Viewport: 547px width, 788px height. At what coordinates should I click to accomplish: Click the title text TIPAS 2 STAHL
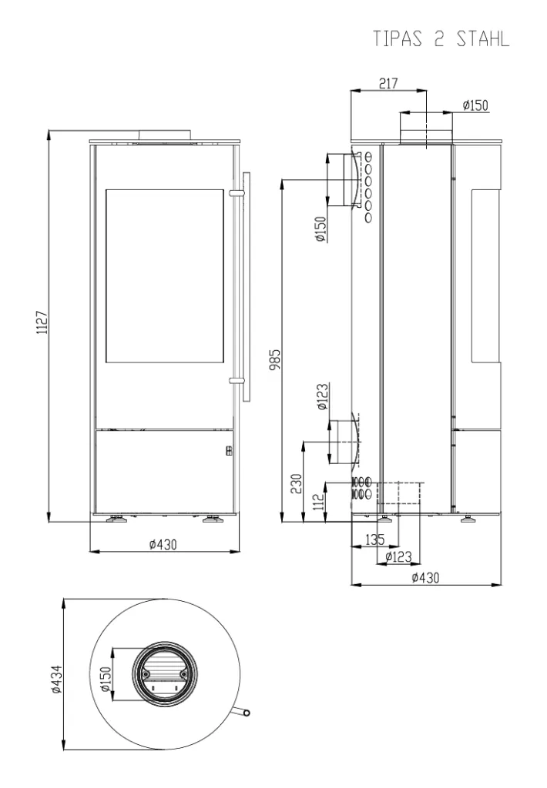pos(441,38)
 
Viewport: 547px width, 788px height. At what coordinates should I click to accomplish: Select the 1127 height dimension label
pos(42,322)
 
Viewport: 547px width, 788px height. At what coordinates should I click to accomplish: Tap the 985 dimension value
pos(275,360)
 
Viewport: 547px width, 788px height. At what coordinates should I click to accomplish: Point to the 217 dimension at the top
pos(388,83)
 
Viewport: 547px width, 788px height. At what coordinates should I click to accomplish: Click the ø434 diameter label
pos(56,679)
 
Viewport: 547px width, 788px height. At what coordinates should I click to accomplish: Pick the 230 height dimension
pos(297,483)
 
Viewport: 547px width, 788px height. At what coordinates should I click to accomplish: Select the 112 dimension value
pos(318,501)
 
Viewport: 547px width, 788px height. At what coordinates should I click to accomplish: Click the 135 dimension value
pos(374,540)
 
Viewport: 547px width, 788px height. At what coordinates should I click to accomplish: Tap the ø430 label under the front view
pos(163,544)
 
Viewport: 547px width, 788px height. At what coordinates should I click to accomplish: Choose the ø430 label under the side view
pos(425,578)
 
